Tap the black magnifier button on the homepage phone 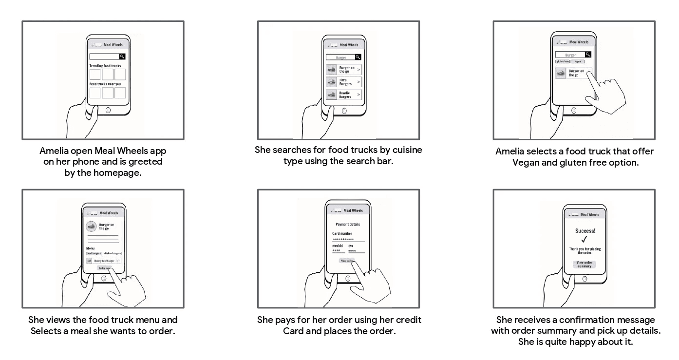pyautogui.click(x=122, y=57)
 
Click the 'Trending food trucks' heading pyautogui.click(x=105, y=65)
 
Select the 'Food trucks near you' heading pyautogui.click(x=105, y=84)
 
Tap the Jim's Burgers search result pyautogui.click(x=344, y=82)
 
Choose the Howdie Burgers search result pyautogui.click(x=344, y=95)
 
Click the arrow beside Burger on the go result pyautogui.click(x=359, y=70)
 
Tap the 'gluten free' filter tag pyautogui.click(x=563, y=61)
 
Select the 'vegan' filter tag pyautogui.click(x=578, y=61)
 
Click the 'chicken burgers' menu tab pyautogui.click(x=112, y=253)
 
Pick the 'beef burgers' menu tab pyautogui.click(x=94, y=253)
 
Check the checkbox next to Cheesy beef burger pyautogui.click(x=117, y=261)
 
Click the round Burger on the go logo pyautogui.click(x=91, y=227)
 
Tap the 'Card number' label pyautogui.click(x=342, y=234)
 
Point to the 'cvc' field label pyautogui.click(x=351, y=246)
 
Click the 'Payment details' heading pyautogui.click(x=348, y=224)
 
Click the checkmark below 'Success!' pyautogui.click(x=585, y=239)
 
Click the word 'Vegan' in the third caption pyautogui.click(x=525, y=163)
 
